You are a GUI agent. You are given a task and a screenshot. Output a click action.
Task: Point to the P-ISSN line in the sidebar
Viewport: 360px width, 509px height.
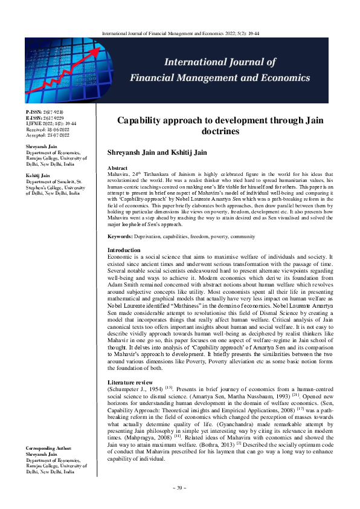(45, 112)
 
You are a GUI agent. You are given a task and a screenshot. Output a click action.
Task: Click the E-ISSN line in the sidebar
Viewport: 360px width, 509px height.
(45, 117)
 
